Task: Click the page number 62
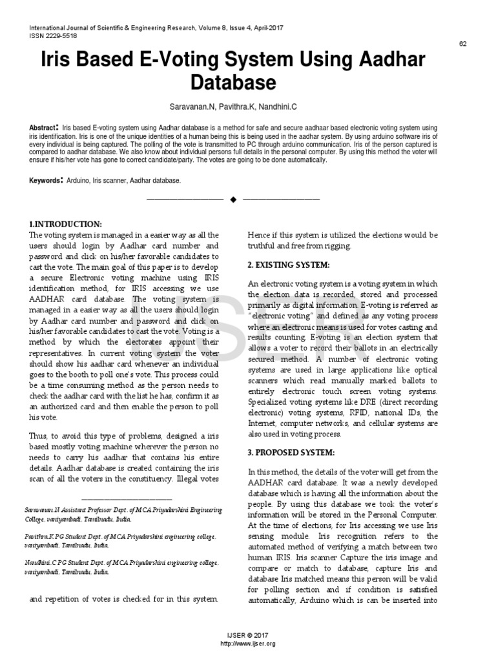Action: [462, 43]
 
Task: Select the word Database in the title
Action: [233, 83]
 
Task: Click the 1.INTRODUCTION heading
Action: [66, 223]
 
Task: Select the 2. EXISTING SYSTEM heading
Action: [289, 265]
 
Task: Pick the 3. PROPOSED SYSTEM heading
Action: [291, 452]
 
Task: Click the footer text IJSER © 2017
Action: [248, 636]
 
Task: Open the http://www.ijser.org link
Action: [248, 644]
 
